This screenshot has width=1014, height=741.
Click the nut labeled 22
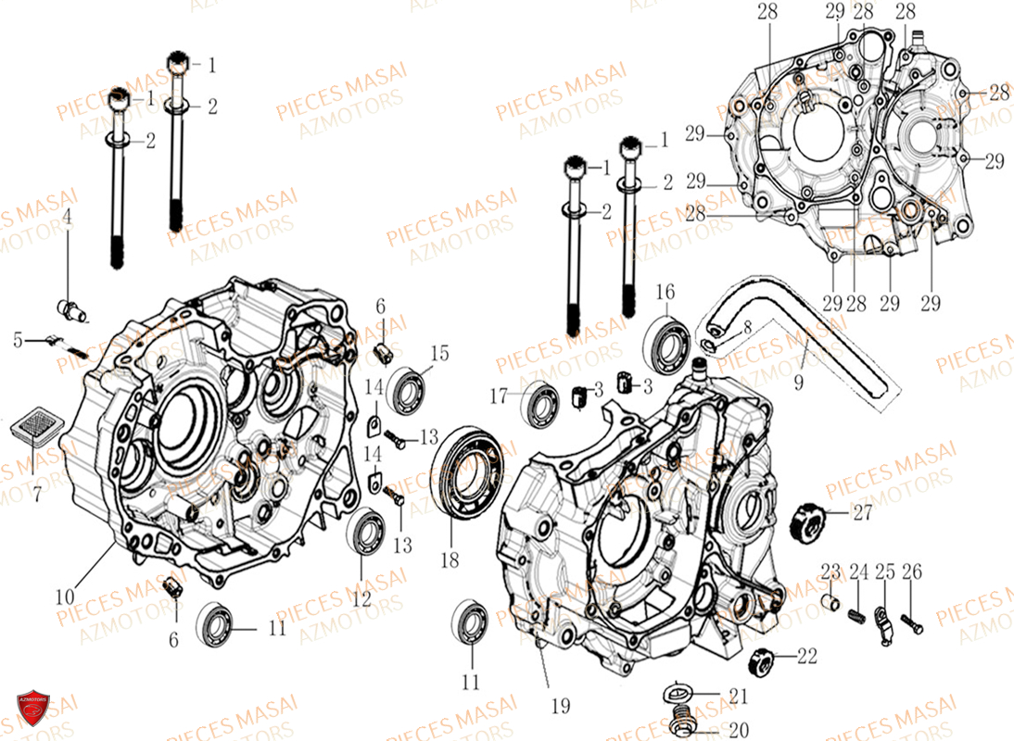click(757, 661)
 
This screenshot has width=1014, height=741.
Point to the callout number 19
click(561, 707)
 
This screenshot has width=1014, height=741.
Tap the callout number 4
click(67, 218)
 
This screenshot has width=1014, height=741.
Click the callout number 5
click(18, 339)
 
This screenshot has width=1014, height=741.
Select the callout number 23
click(830, 571)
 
